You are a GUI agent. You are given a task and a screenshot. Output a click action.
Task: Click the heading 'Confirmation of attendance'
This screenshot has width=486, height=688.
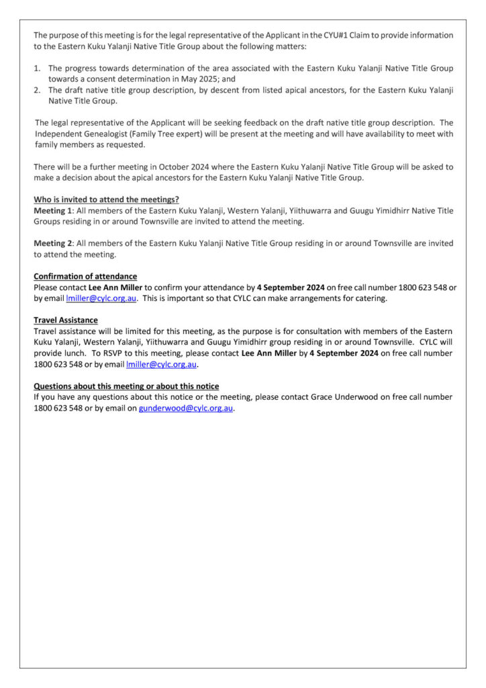coord(85,276)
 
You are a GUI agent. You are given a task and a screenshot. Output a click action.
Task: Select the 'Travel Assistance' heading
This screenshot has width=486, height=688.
coord(66,320)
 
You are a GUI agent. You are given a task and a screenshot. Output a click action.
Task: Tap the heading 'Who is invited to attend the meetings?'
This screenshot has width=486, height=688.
coord(106,199)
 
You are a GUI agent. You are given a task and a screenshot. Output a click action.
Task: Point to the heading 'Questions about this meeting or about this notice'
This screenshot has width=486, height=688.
coord(126,386)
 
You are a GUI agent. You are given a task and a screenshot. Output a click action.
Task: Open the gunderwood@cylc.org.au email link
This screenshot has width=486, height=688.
coord(186,408)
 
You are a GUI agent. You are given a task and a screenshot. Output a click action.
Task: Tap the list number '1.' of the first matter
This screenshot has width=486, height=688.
coord(38,68)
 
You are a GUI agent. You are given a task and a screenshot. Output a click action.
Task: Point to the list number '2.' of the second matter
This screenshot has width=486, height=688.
coord(38,90)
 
